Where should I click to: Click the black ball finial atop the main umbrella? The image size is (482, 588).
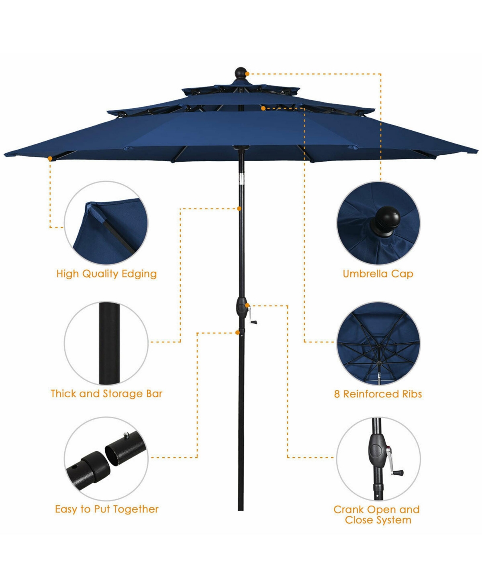coord(240,73)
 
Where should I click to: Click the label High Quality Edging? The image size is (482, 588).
coord(106,274)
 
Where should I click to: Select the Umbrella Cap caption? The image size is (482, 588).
coord(378,274)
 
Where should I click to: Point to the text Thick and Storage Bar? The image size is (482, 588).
coord(106,393)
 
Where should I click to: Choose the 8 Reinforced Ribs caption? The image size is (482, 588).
coord(378,394)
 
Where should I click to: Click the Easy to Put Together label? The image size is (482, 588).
coord(107,509)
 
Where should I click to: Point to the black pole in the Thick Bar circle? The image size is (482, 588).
coord(109,343)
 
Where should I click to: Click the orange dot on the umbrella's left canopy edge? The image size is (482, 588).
coord(50,159)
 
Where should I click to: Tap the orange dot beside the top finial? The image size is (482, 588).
coord(247,74)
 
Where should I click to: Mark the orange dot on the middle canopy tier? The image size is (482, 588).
coord(263,108)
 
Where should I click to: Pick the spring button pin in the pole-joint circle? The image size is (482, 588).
coord(126,434)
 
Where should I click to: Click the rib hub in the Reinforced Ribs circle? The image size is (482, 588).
coord(379,346)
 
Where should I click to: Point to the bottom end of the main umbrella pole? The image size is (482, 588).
coord(241,510)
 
